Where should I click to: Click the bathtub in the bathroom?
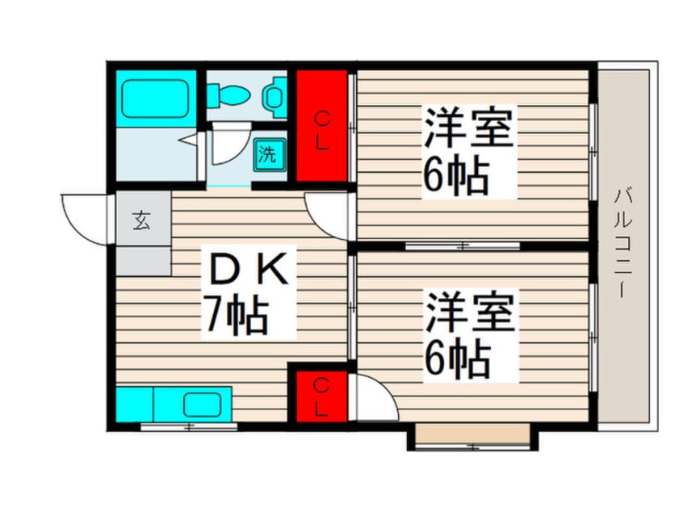155,99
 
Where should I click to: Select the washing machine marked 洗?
270,154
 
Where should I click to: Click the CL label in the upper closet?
322,131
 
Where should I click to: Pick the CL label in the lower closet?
321,397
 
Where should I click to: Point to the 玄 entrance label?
141,220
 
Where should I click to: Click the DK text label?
249,269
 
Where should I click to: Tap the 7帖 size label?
237,315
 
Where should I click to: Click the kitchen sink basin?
202,405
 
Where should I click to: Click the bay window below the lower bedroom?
472,437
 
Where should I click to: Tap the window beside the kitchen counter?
189,426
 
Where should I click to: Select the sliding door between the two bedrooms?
463,246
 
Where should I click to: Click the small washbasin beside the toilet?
274,98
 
